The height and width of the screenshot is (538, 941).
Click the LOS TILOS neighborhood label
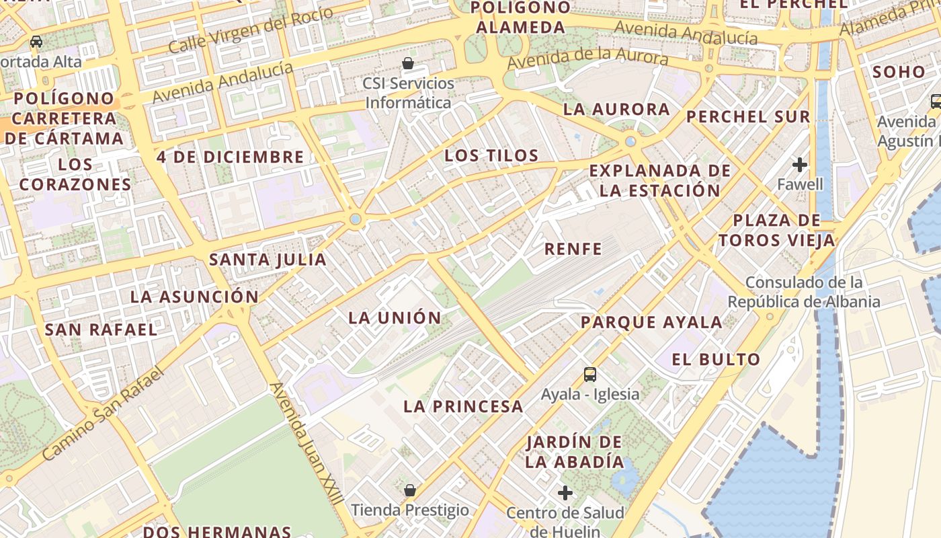(x=491, y=155)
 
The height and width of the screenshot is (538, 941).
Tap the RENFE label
(x=573, y=249)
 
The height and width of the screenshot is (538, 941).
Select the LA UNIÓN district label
(x=395, y=317)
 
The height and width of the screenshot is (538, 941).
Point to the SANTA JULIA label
(x=268, y=260)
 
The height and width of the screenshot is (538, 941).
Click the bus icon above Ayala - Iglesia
(x=590, y=375)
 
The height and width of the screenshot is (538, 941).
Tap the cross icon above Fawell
(x=800, y=164)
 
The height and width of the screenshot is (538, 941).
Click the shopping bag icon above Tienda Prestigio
(x=410, y=490)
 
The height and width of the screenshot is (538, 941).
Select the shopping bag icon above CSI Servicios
(x=408, y=64)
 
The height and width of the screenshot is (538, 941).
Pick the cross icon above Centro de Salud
(x=565, y=493)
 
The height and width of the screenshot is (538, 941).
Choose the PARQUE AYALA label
(x=651, y=322)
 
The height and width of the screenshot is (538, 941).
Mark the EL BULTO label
(x=716, y=359)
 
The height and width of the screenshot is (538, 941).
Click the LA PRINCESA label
(x=463, y=406)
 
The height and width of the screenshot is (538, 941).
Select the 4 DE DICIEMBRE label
(x=231, y=157)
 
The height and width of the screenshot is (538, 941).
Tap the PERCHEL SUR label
(x=748, y=116)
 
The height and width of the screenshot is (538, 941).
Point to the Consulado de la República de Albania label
(x=804, y=291)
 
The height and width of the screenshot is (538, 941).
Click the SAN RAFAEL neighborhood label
(x=101, y=330)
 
